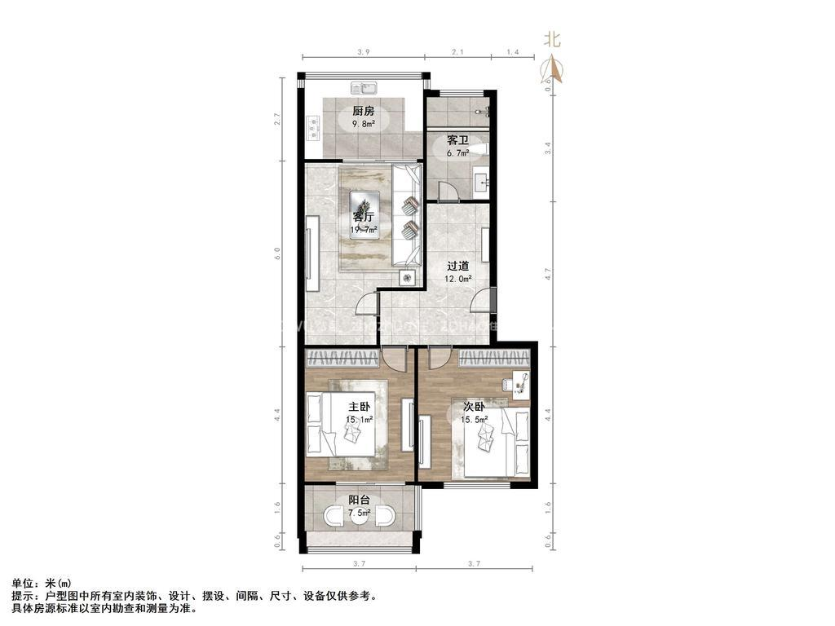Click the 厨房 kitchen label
(x=364, y=111)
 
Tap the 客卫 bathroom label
(x=457, y=140)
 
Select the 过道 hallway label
(x=457, y=266)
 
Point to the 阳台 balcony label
(x=360, y=500)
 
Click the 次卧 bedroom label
(x=474, y=407)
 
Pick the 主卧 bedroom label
(x=360, y=407)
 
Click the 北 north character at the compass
(x=552, y=38)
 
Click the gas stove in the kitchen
(x=312, y=126)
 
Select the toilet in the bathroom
(x=482, y=148)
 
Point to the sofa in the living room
(x=406, y=215)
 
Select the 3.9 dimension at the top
(x=364, y=52)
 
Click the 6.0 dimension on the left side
(x=278, y=253)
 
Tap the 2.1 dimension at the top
(x=457, y=52)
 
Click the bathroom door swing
(x=447, y=192)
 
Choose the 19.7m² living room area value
(x=364, y=230)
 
